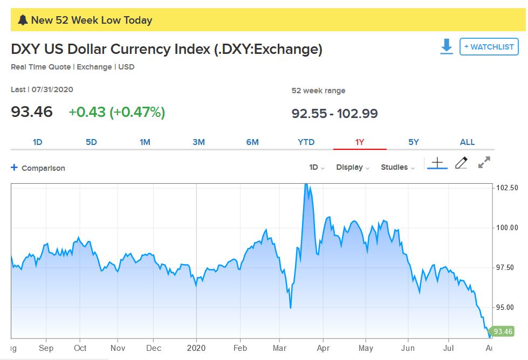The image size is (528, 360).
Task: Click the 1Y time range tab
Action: pos(360,142)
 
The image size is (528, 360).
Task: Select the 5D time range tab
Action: pos(91,142)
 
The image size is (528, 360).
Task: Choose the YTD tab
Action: pos(306,142)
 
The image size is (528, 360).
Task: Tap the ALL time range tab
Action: pos(467,142)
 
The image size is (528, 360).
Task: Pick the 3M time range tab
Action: pos(198,142)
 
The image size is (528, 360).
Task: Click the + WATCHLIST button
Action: pos(489,47)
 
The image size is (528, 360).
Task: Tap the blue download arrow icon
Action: pos(447,47)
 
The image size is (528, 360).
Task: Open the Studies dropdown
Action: pos(397,168)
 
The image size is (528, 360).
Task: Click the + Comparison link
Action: pos(38,168)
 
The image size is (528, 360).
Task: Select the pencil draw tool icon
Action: pos(461,163)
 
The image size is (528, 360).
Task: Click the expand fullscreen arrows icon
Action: pos(484,162)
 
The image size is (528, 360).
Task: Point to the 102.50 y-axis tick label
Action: pos(507,188)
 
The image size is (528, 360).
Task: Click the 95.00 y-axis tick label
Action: pos(507,308)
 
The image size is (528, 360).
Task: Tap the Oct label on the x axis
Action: pos(80,348)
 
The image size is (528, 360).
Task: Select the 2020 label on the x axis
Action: pos(196,348)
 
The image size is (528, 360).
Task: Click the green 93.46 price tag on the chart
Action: pos(502,331)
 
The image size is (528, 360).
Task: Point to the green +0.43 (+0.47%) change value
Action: pos(116,112)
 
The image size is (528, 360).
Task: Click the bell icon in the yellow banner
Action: pos(22,20)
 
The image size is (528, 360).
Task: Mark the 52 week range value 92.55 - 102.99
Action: pos(334,114)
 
